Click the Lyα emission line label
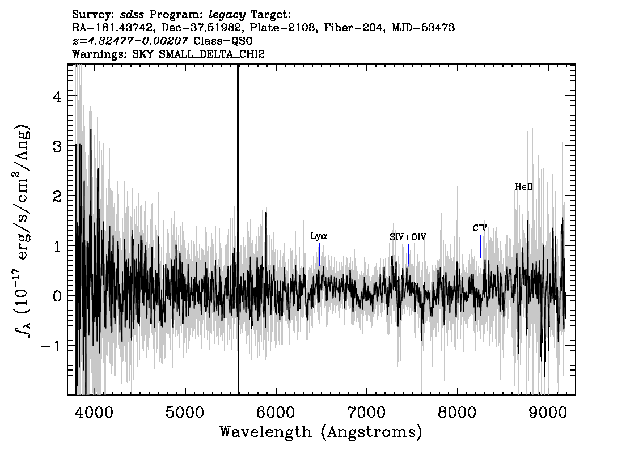319,236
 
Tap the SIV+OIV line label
408,237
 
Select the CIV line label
480,228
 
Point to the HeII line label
524,187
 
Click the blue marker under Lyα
319,254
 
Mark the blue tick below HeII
524,205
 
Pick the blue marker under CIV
480,246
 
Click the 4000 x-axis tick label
94,412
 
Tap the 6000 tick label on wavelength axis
276,412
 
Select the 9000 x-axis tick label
547,412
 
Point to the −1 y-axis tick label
51,346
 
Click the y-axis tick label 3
57,146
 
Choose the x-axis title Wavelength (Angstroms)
321,432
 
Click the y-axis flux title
22,230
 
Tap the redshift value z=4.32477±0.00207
130,41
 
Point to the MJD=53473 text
423,28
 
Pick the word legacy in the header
227,15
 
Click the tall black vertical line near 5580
238,229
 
